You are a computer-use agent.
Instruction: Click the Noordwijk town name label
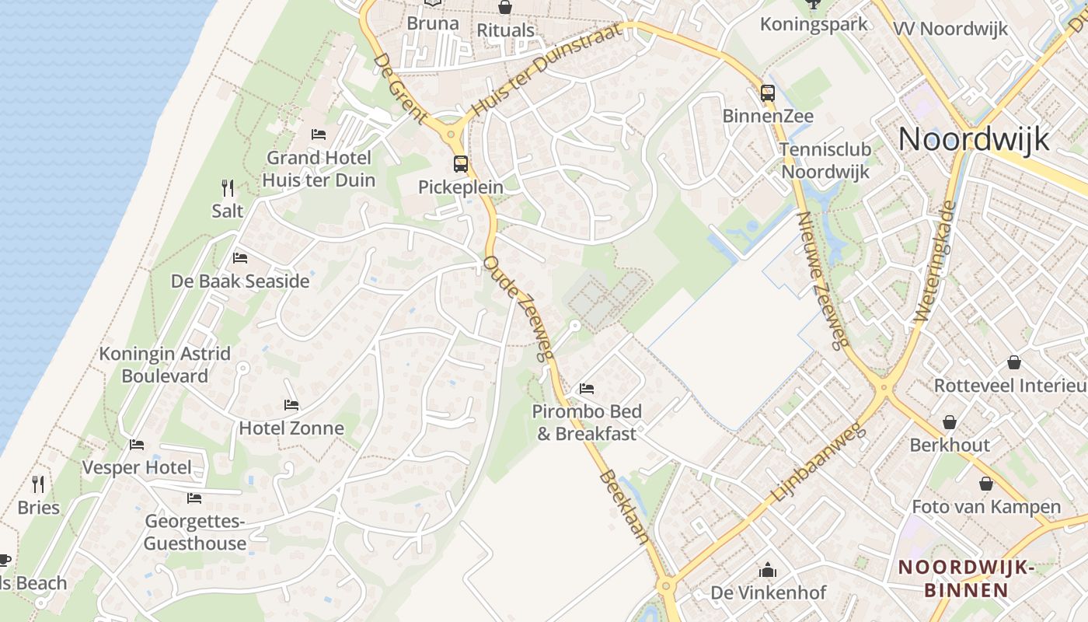974,140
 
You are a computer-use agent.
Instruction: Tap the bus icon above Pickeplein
461,164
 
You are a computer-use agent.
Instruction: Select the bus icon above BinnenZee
768,93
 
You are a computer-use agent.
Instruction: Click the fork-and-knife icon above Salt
228,187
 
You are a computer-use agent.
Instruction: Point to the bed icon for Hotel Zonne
291,405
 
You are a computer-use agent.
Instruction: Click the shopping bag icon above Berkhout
950,422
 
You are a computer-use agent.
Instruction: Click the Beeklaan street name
625,506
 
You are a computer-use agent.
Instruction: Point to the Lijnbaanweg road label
818,463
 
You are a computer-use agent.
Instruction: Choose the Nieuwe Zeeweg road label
822,280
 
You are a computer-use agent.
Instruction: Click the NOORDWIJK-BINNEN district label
966,578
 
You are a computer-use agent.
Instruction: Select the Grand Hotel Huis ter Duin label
319,169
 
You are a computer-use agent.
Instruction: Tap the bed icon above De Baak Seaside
240,258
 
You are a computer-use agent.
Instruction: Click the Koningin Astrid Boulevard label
165,365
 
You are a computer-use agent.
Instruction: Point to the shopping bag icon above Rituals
505,8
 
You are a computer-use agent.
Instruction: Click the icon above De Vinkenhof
768,571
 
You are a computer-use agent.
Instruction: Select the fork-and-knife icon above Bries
38,484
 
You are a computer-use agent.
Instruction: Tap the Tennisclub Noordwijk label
825,160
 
